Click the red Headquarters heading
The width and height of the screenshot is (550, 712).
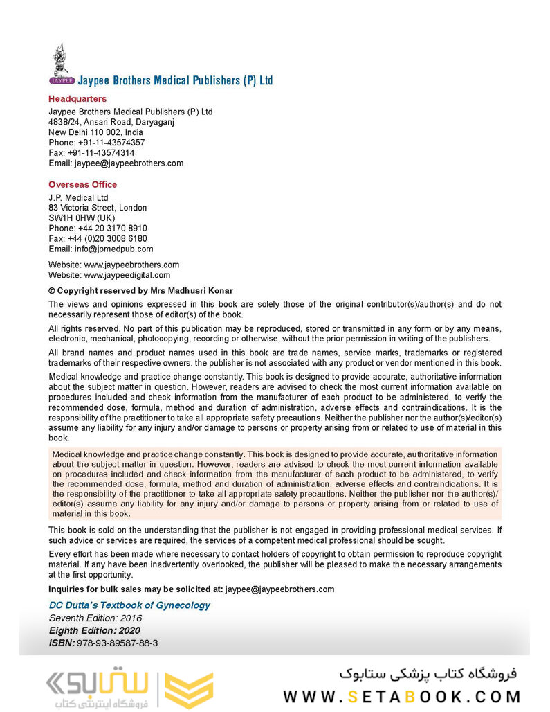coord(77,99)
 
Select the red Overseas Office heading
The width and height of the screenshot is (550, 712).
coord(82,184)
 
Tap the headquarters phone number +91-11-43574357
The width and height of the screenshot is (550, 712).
coord(111,143)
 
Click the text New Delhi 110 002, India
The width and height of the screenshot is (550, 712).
coord(95,132)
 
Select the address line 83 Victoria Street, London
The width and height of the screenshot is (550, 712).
coord(98,208)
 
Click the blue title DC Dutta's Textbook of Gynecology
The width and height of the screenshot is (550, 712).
coord(129,605)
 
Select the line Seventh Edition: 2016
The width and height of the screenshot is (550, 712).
coord(95,618)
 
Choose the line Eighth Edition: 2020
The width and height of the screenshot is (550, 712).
coord(94,630)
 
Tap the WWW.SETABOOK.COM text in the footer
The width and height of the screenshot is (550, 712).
coord(401,695)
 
